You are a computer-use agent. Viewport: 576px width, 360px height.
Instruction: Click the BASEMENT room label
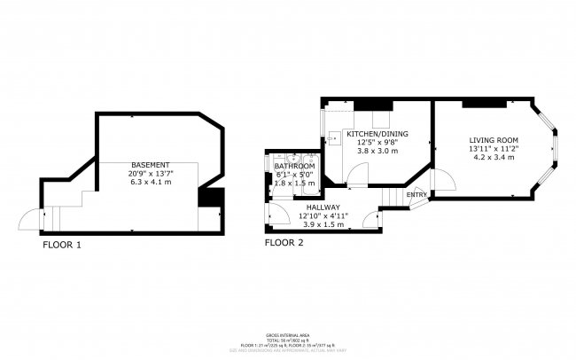point(150,166)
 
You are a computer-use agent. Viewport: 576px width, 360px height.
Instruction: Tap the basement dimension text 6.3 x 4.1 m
point(150,182)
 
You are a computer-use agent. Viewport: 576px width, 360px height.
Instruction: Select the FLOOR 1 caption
point(62,245)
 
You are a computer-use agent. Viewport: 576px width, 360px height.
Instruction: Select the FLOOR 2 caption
point(284,242)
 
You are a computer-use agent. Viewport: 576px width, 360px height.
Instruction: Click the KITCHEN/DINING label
point(377,133)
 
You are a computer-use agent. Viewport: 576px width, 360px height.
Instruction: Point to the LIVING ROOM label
point(494,140)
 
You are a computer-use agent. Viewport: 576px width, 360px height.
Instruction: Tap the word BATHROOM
point(294,166)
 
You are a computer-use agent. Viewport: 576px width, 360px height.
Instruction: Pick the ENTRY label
point(416,194)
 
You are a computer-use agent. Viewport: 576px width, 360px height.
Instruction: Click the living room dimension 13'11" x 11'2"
point(494,149)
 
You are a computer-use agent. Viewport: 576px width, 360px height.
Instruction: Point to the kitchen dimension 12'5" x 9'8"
point(377,142)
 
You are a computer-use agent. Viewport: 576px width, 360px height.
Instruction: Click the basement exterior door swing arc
point(29,218)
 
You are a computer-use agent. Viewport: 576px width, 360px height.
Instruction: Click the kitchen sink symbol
point(334,137)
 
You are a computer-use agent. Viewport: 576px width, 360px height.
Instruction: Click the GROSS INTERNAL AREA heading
point(287,334)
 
